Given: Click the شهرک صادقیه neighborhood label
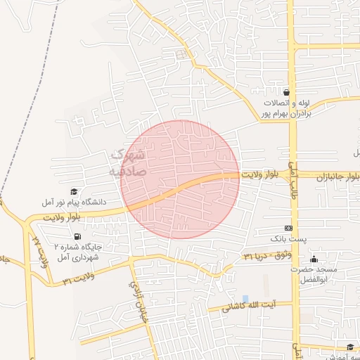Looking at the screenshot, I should click(127, 162).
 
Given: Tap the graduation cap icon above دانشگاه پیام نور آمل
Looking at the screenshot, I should click(75, 191).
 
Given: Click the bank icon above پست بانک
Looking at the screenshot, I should click(288, 229).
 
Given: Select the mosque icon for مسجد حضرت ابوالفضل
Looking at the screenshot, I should click(314, 258).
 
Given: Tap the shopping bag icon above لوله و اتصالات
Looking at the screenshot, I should click(286, 92).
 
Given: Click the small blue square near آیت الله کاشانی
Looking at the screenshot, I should click(245, 299).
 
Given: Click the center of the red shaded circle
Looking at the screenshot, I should click(180, 179).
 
